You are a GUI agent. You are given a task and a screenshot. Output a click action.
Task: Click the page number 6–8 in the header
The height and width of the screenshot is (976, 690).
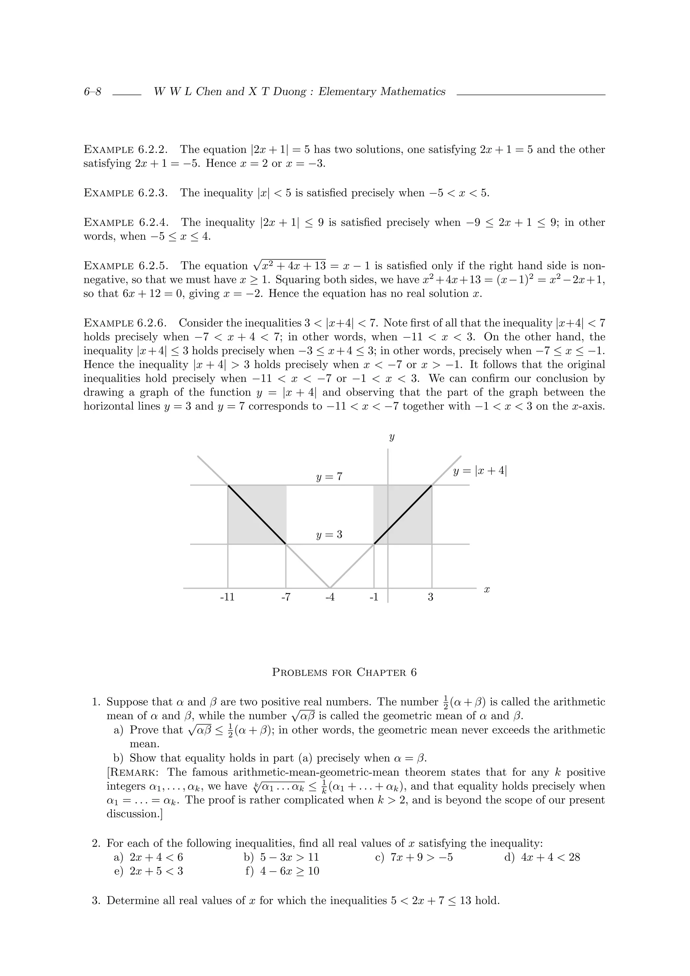[92, 92]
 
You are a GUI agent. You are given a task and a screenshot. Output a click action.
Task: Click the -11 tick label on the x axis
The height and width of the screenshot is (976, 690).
[227, 597]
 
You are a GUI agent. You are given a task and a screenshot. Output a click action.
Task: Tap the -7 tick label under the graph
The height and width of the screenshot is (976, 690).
[286, 597]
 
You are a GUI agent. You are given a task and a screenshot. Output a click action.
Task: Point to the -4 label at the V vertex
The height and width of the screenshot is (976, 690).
[330, 597]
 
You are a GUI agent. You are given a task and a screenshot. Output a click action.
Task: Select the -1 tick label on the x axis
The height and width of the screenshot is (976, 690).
[374, 597]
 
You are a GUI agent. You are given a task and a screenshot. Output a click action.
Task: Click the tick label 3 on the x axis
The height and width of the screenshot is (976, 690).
[430, 597]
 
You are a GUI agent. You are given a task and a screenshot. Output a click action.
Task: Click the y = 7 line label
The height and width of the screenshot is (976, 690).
[329, 477]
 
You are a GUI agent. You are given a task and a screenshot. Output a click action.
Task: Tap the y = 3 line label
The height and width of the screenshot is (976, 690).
[329, 535]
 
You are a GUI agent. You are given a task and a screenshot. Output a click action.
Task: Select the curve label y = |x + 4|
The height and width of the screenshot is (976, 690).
[480, 471]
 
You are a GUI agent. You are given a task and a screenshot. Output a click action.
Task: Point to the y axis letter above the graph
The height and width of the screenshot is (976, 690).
[391, 437]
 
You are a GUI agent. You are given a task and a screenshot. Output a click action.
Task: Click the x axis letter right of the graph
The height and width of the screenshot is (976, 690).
[487, 590]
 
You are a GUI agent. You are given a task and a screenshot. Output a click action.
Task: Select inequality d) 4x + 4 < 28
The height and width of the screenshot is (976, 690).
[542, 857]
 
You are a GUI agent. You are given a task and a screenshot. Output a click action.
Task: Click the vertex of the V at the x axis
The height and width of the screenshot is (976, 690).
[330, 588]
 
